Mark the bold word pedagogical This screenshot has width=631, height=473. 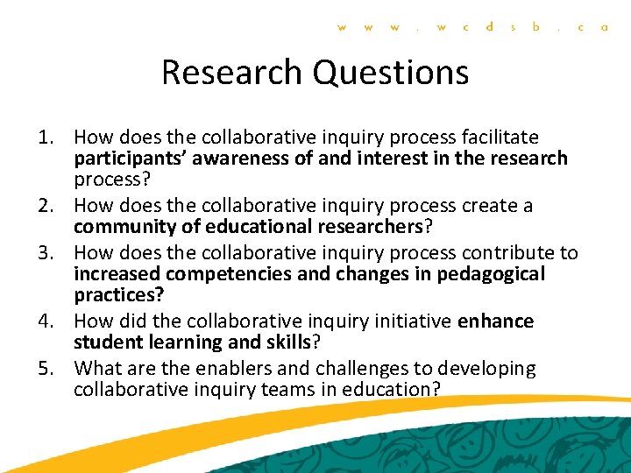coord(488,274)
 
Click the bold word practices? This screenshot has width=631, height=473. coord(118,295)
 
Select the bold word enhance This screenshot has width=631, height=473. coord(495,321)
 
